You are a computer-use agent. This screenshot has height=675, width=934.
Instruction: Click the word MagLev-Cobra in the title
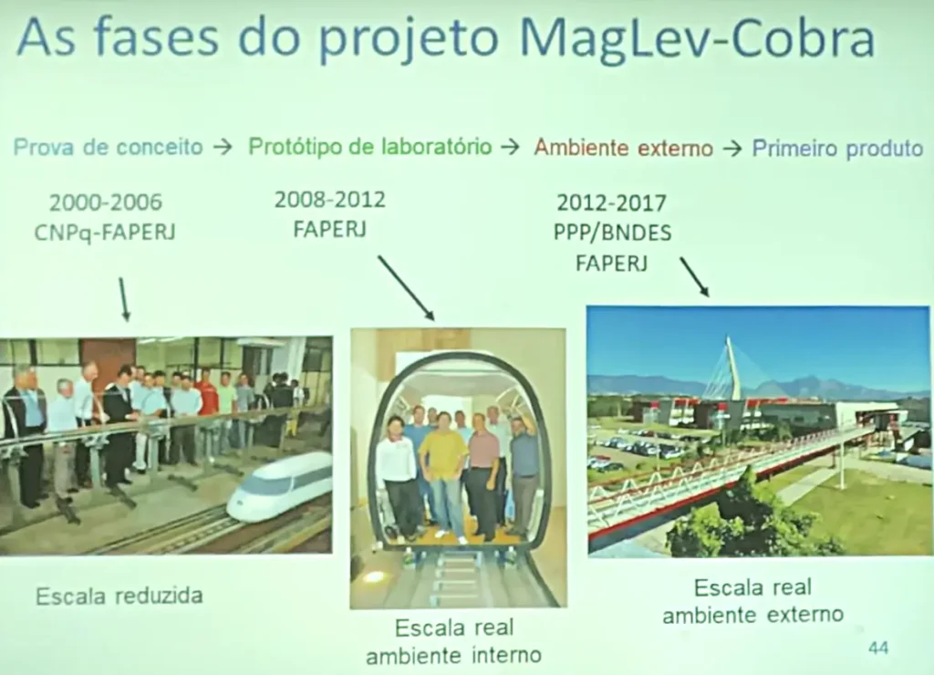697,38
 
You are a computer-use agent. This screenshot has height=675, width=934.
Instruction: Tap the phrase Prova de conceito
108,147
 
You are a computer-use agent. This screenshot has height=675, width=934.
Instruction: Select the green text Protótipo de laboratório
370,147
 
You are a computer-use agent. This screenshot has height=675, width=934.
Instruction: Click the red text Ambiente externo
623,147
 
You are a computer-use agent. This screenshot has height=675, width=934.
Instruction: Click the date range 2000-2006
106,202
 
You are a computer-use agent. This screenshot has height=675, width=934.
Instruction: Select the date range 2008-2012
330,199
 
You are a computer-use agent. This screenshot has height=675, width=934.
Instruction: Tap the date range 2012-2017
611,203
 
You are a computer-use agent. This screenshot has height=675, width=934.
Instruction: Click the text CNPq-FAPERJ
105,233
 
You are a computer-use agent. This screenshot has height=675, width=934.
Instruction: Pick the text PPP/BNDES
612,233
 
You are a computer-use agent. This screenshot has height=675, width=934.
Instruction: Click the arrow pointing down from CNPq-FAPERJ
123,300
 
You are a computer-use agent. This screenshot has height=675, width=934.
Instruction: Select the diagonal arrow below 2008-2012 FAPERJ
406,288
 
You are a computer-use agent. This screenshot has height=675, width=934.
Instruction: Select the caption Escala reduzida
119,596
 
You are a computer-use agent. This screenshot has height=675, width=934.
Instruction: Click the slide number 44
878,648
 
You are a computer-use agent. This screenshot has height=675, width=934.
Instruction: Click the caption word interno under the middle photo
506,655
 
